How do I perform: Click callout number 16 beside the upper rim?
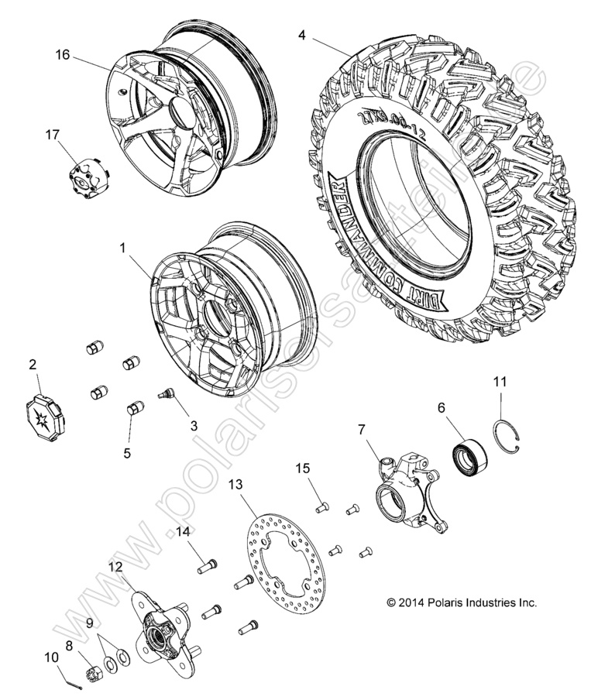pos(62,54)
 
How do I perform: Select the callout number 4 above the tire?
pos(302,35)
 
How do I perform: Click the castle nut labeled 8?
pos(91,664)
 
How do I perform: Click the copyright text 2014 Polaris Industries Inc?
pos(461,602)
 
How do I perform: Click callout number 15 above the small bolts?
pos(302,468)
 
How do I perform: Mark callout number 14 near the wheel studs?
pos(182,531)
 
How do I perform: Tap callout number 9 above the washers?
pos(90,623)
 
